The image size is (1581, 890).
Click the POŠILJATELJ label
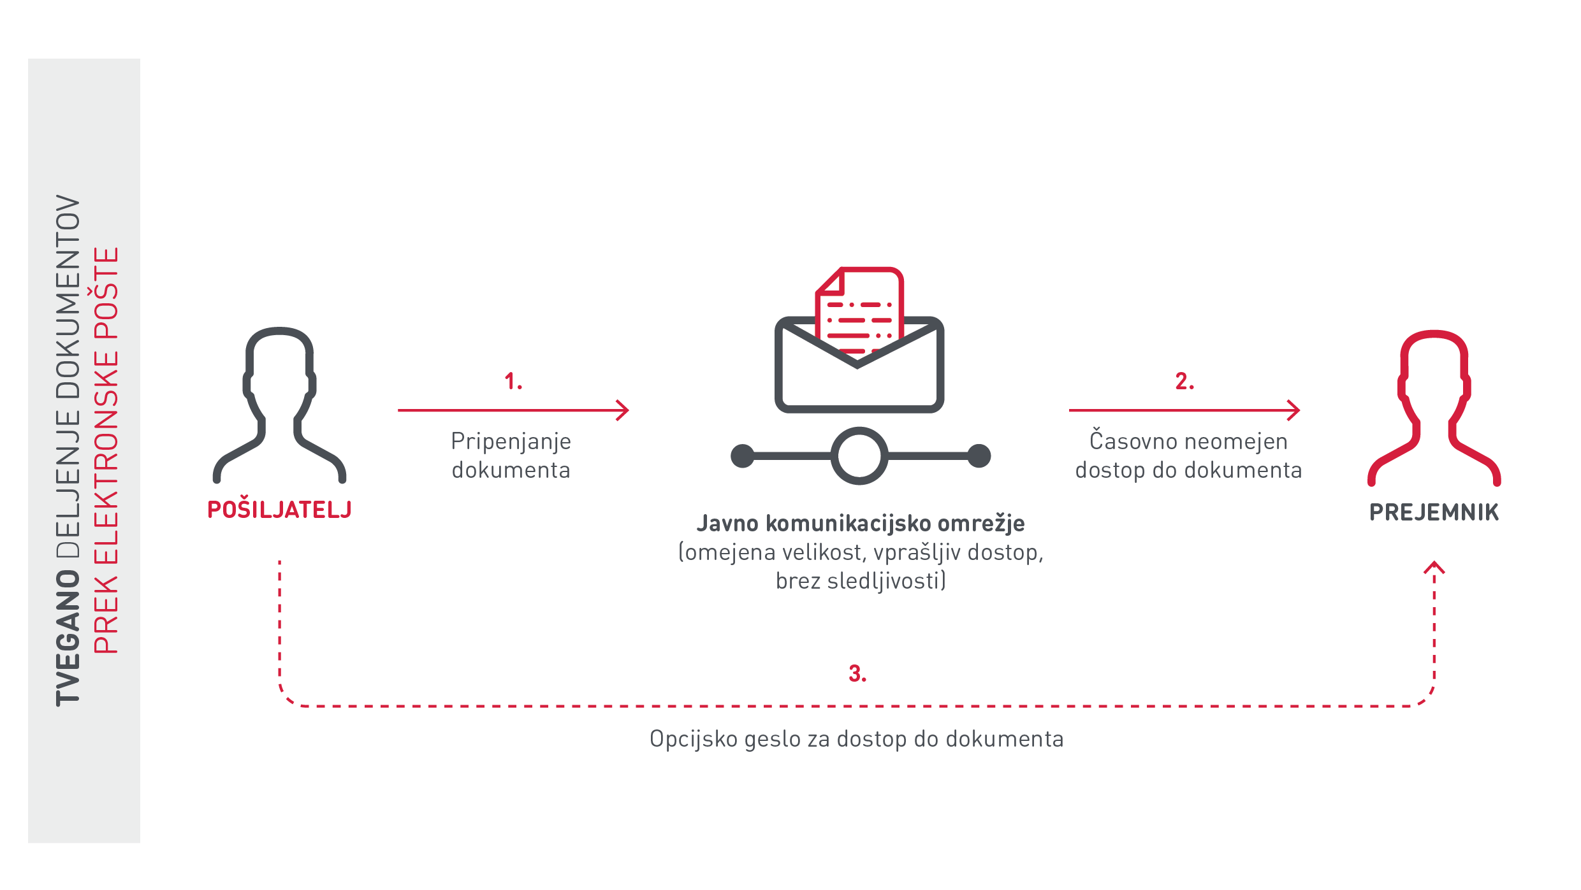pos(279,510)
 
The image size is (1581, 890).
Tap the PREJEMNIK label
pos(1434,512)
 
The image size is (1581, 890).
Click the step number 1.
pos(513,382)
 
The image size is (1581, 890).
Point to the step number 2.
pos(1184,382)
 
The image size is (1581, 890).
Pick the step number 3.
pos(857,673)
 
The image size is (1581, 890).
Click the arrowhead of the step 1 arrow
pos(624,410)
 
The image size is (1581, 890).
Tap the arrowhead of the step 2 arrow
pos(1295,410)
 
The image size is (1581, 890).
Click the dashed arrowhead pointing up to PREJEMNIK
pos(1434,566)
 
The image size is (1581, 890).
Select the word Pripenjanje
pos(511,441)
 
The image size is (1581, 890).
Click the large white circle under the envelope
pos(859,456)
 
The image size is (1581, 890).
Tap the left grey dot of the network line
pos(743,456)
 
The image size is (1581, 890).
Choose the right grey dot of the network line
pos(979,456)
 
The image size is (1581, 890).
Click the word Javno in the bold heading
pos(727,524)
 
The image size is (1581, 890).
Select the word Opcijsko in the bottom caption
pos(693,739)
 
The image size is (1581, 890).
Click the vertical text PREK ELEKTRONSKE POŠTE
pos(106,450)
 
